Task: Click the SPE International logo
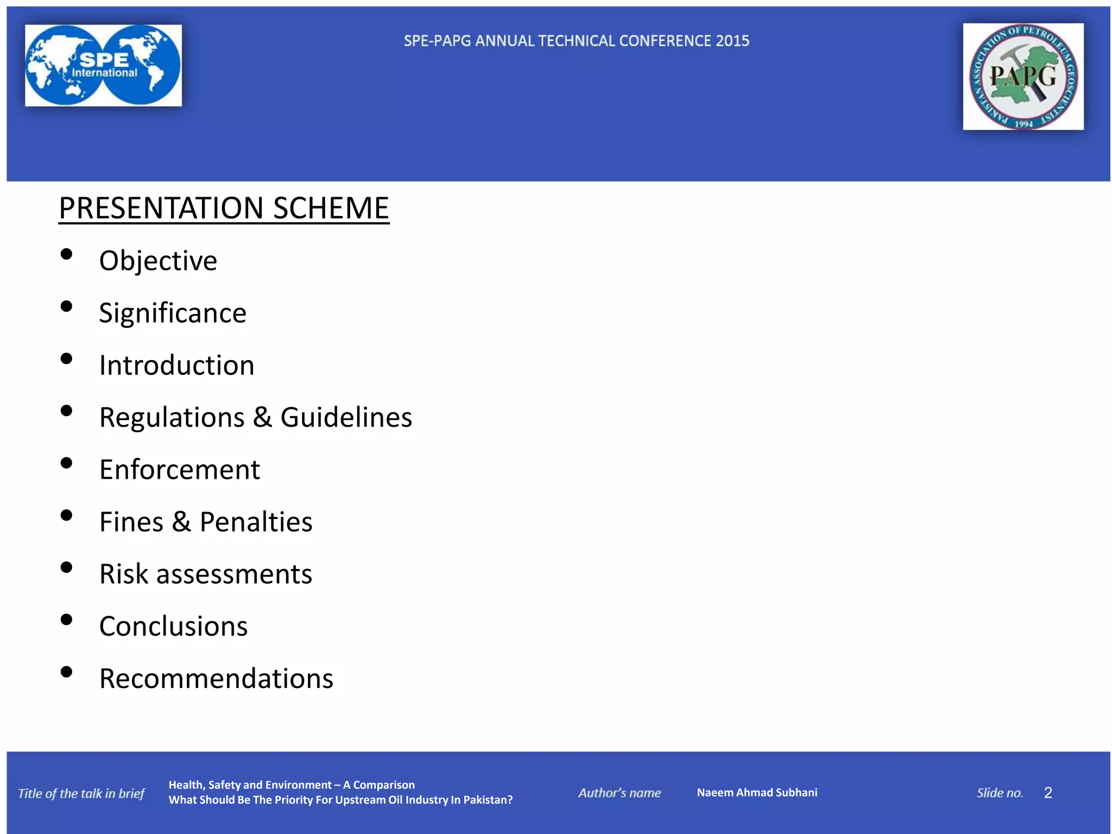(x=103, y=65)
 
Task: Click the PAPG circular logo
(x=1023, y=77)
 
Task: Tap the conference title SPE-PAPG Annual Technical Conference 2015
(x=576, y=41)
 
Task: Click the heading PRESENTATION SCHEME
(x=224, y=208)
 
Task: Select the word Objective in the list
(x=158, y=261)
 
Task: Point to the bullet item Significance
(x=173, y=313)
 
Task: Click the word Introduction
(x=176, y=365)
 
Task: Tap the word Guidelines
(x=346, y=418)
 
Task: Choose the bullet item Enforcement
(x=180, y=470)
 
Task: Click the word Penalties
(x=256, y=522)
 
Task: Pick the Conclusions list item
(x=173, y=627)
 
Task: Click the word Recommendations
(x=216, y=679)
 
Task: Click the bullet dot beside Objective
(x=67, y=254)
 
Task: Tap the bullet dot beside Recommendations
(x=67, y=672)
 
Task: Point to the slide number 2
(x=1048, y=793)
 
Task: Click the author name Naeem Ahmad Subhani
(x=757, y=793)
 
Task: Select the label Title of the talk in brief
(x=81, y=793)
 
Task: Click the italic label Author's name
(x=620, y=793)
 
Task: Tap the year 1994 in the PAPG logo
(x=1023, y=124)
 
